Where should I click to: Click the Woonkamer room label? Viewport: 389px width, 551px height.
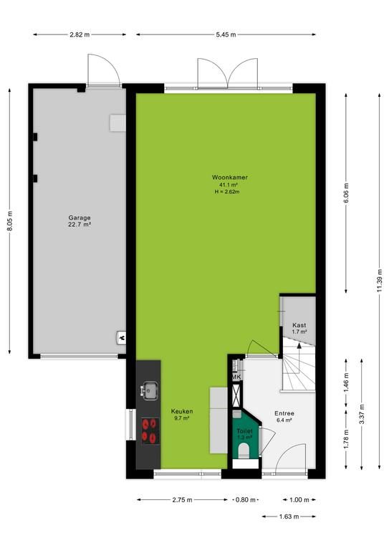229,177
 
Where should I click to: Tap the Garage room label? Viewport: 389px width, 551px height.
80,218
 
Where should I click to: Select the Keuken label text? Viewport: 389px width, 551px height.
182,411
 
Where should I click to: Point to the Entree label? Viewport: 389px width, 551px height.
284,413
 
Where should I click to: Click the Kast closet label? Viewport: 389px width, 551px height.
299,326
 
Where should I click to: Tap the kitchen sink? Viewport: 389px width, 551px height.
150,390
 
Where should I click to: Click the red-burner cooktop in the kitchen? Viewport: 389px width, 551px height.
150,431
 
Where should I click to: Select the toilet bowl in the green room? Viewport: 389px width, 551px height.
244,451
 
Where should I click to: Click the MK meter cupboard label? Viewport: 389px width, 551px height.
236,377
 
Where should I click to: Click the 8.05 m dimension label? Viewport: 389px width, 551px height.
10,221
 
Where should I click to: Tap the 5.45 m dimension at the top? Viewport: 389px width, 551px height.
226,34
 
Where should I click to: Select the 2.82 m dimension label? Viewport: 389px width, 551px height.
80,34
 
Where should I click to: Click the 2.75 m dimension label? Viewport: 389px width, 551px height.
182,499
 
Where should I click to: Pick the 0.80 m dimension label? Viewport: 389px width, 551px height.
246,499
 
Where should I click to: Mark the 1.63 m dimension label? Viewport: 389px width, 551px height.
289,517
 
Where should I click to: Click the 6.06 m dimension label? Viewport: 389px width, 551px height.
346,193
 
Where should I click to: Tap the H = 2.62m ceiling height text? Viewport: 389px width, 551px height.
227,192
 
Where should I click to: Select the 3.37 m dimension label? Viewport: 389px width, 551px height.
362,414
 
